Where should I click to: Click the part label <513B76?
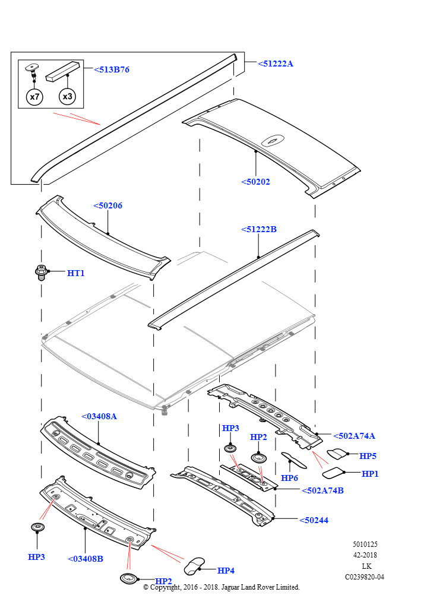112,69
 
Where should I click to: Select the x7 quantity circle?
34,96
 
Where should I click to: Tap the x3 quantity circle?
67,96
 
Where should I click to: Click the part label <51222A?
276,64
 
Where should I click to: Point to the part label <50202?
256,182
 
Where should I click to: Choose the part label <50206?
108,205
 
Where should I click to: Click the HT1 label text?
76,273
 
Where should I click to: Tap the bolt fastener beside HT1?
41,273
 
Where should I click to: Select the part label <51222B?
259,229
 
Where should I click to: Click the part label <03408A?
99,416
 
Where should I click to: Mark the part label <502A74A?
354,436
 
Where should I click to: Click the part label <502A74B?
322,490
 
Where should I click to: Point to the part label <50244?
314,520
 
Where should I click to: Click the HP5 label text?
368,456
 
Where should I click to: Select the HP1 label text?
370,474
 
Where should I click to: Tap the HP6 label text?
289,478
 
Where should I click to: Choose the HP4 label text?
226,571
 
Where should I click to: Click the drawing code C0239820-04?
365,577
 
